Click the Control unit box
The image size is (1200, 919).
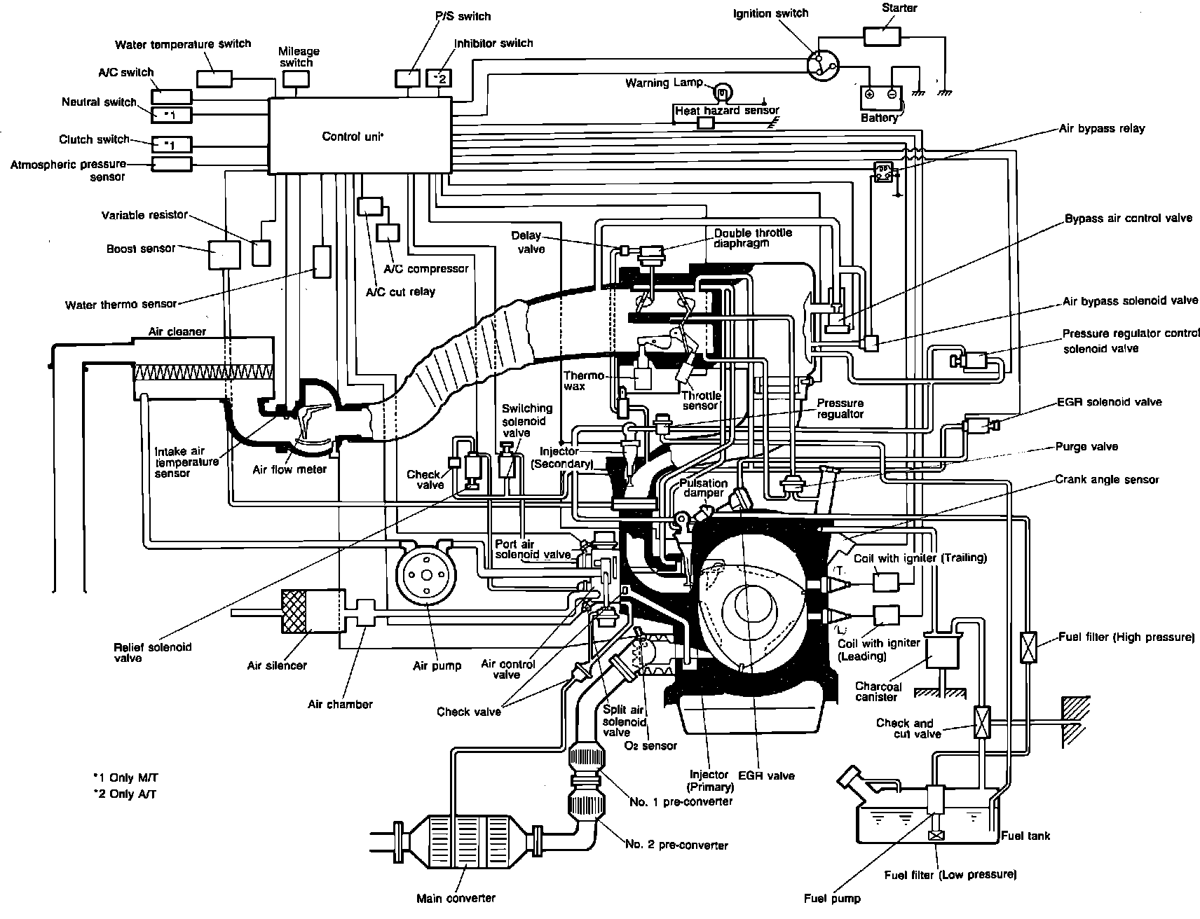359,135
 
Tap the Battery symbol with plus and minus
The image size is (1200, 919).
880,94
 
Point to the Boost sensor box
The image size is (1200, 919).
224,254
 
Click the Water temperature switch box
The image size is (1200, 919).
214,78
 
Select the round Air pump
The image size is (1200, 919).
425,575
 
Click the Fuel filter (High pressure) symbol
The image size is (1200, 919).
1029,643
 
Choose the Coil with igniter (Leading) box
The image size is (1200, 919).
887,615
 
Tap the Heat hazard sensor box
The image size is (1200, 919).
706,123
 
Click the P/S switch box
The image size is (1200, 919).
407,78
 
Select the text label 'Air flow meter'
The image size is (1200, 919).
289,469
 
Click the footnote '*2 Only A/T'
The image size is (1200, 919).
125,794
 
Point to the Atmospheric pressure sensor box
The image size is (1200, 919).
170,164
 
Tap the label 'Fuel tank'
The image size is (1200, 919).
1025,836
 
